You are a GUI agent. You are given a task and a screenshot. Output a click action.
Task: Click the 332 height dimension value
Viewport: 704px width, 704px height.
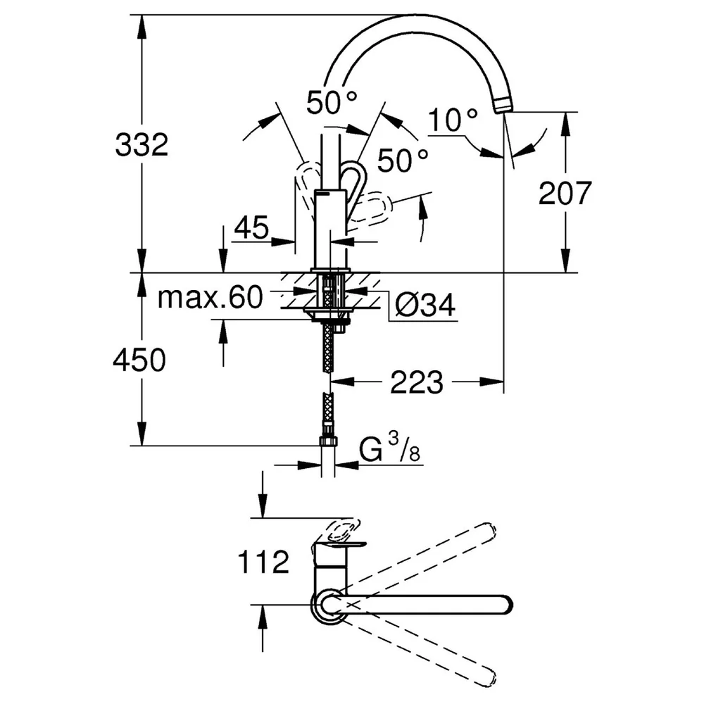pos(142,144)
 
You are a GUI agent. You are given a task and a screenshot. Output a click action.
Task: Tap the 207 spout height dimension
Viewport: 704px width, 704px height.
pos(565,193)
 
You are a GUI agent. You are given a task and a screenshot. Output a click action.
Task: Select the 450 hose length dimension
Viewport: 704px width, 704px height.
pos(139,360)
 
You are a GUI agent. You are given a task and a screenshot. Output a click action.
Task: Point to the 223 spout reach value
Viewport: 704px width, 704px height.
pos(417,382)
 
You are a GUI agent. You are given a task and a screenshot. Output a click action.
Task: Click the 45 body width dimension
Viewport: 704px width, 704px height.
pos(251,227)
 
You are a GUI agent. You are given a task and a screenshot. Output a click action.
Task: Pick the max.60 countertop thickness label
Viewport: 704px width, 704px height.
pos(210,297)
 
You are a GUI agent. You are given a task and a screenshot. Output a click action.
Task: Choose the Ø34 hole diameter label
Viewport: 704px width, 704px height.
pos(425,305)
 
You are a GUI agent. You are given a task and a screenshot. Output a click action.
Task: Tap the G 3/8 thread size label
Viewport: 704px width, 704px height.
pos(390,449)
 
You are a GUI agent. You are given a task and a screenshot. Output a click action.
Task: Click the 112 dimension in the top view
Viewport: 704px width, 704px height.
pos(263,562)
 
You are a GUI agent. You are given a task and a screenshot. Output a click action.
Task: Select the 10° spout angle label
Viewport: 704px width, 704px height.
pos(453,120)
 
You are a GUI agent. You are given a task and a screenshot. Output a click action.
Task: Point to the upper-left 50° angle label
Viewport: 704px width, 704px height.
pos(332,102)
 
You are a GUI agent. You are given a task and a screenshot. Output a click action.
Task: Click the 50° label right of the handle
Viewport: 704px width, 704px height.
pos(403,161)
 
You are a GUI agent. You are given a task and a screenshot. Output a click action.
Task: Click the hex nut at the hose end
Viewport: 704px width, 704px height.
pos(328,441)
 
